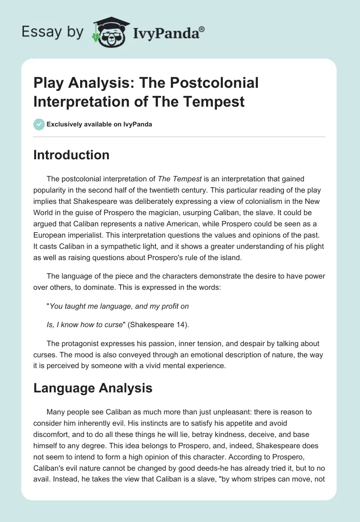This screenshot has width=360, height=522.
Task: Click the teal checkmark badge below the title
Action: tap(39, 124)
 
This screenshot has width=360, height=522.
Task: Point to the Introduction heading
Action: tap(72, 155)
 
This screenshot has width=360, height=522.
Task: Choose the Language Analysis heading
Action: tap(93, 387)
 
